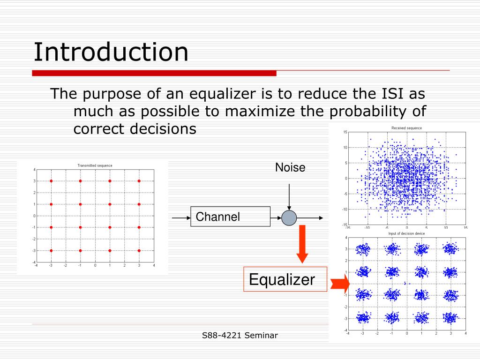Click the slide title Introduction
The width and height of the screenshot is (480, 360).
click(x=111, y=52)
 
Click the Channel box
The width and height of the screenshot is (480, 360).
click(x=230, y=217)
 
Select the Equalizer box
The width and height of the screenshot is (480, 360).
click(x=282, y=280)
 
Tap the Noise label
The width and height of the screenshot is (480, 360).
click(x=290, y=167)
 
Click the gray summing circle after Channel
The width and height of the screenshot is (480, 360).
click(x=289, y=217)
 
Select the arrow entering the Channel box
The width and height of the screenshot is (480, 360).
click(x=181, y=217)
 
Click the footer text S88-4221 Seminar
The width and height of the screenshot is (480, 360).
click(x=240, y=335)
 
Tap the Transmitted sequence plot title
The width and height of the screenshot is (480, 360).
click(x=95, y=165)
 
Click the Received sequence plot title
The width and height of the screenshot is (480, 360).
click(x=406, y=128)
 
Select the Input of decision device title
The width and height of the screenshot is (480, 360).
click(x=406, y=233)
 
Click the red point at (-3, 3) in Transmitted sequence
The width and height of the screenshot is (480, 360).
click(x=51, y=181)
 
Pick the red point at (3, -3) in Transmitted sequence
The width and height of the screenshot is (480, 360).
click(x=139, y=251)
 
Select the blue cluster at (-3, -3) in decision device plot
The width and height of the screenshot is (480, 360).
click(x=362, y=318)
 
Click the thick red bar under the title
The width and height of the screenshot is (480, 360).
click(x=154, y=73)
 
